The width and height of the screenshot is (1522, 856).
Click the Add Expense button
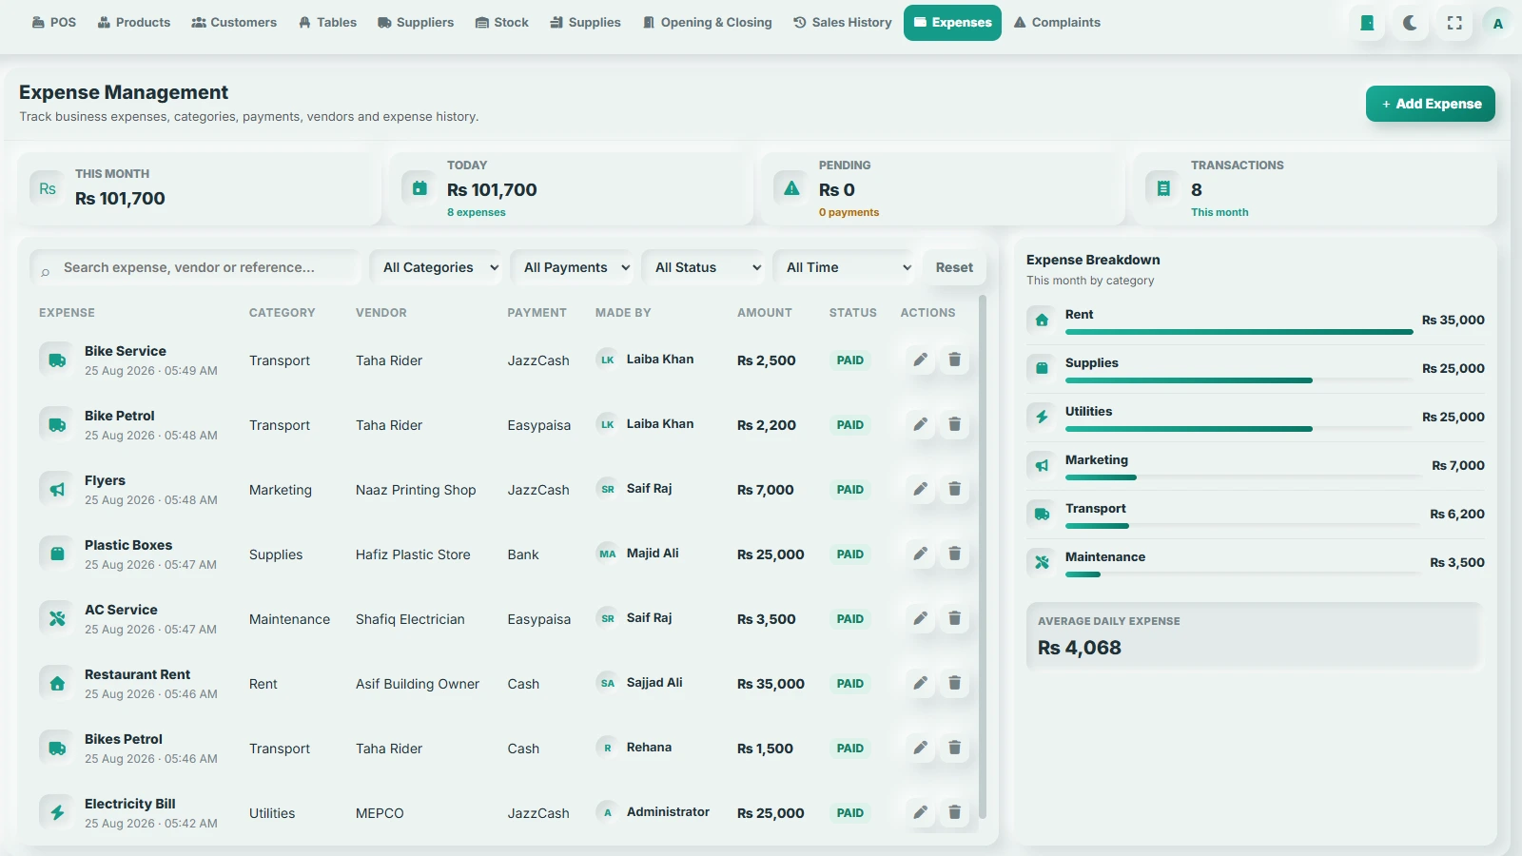tap(1431, 104)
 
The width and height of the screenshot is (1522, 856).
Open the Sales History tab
tap(843, 23)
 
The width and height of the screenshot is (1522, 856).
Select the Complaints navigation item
tap(1057, 23)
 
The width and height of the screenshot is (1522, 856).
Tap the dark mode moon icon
tap(1410, 23)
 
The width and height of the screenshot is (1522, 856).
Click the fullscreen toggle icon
tap(1454, 23)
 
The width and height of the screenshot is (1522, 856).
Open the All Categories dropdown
tap(439, 267)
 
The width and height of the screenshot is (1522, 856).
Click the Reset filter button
tap(954, 267)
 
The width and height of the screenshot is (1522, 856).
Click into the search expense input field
tap(197, 267)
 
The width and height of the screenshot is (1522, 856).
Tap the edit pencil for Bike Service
tap(920, 360)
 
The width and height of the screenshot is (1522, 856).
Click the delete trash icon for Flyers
tap(954, 489)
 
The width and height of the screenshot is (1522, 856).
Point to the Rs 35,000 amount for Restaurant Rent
tap(771, 684)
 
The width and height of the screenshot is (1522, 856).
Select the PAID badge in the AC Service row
tap(849, 619)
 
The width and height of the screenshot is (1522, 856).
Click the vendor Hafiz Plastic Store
tap(413, 554)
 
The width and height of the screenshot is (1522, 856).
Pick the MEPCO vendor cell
tap(380, 813)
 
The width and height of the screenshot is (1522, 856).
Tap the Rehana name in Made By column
tap(649, 748)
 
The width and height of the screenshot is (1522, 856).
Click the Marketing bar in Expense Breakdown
tap(1101, 477)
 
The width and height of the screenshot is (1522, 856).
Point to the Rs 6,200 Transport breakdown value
tap(1456, 515)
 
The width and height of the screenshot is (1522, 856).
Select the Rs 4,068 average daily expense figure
tap(1079, 648)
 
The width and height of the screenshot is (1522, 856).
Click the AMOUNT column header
tap(765, 313)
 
